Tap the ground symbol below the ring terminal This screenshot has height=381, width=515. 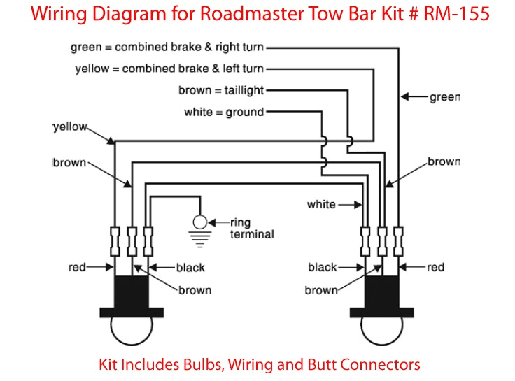(x=201, y=238)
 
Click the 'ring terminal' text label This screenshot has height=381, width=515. (x=252, y=229)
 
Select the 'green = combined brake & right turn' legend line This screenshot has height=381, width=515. (x=167, y=48)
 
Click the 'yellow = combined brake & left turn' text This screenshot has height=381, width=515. (x=169, y=69)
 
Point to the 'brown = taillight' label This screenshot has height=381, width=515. (x=220, y=90)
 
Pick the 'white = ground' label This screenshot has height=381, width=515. (x=223, y=112)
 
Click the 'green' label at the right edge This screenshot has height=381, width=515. (x=444, y=97)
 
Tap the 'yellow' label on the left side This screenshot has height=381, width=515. (x=70, y=127)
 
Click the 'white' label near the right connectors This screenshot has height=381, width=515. (x=321, y=205)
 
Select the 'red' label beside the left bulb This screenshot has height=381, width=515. (x=77, y=267)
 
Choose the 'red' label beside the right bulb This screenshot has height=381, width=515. (x=435, y=267)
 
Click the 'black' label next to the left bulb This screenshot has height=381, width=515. (x=190, y=267)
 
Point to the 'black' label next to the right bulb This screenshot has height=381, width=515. (x=322, y=267)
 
